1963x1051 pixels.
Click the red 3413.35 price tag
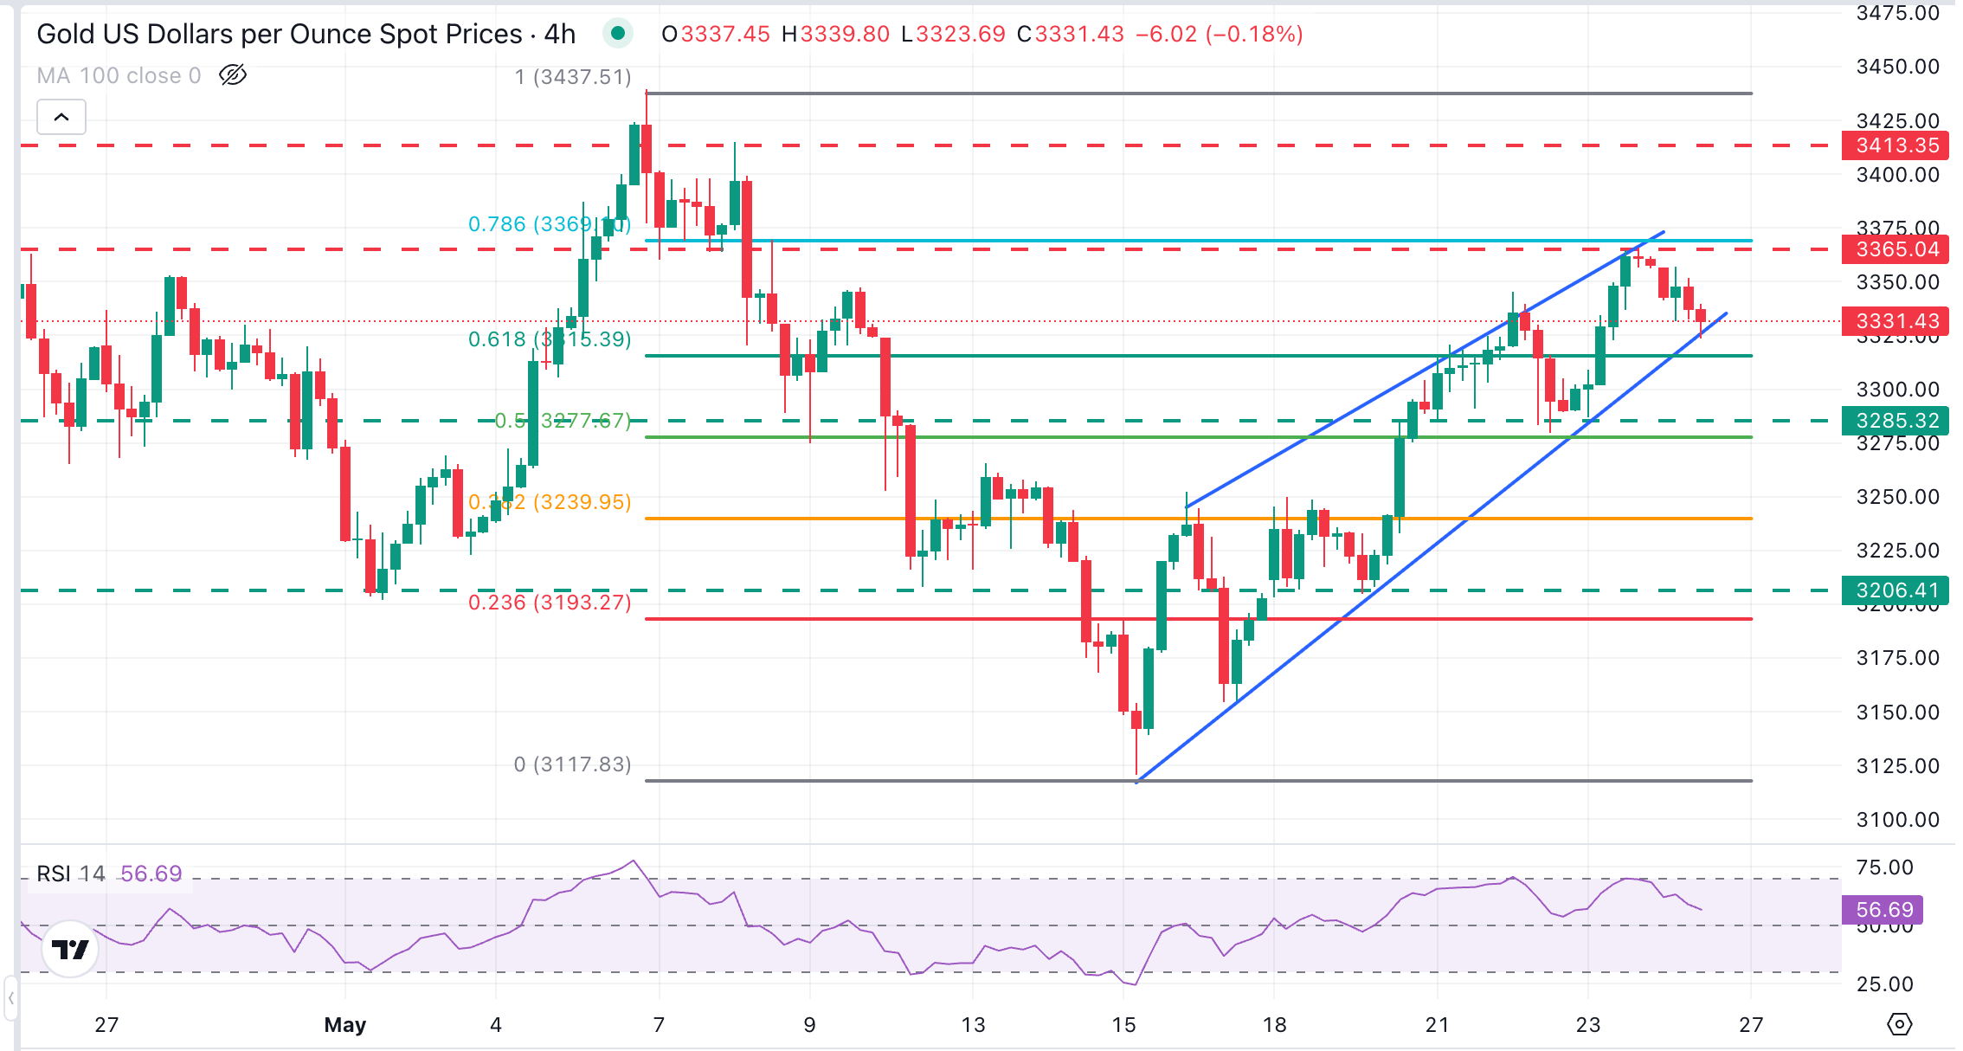(1895, 145)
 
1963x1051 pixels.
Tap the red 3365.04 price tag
(1895, 249)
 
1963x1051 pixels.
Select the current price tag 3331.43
(1895, 321)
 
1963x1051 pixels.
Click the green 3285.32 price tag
(1895, 421)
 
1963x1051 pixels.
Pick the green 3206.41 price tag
(1895, 590)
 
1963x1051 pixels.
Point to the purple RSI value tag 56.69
(1884, 910)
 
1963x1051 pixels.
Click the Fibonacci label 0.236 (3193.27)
(550, 603)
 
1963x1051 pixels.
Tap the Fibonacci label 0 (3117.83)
(572, 764)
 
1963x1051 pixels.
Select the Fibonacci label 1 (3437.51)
(572, 77)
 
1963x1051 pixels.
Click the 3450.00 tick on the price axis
(1897, 67)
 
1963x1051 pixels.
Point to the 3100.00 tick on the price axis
(1897, 820)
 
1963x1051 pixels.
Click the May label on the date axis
(344, 1025)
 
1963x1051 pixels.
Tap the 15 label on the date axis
(1123, 1025)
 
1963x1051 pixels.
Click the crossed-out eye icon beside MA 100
(233, 75)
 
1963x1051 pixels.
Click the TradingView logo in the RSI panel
(70, 950)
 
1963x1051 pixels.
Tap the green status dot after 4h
(618, 34)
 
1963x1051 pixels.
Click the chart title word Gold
(65, 34)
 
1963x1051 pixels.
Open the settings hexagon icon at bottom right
(1899, 1024)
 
